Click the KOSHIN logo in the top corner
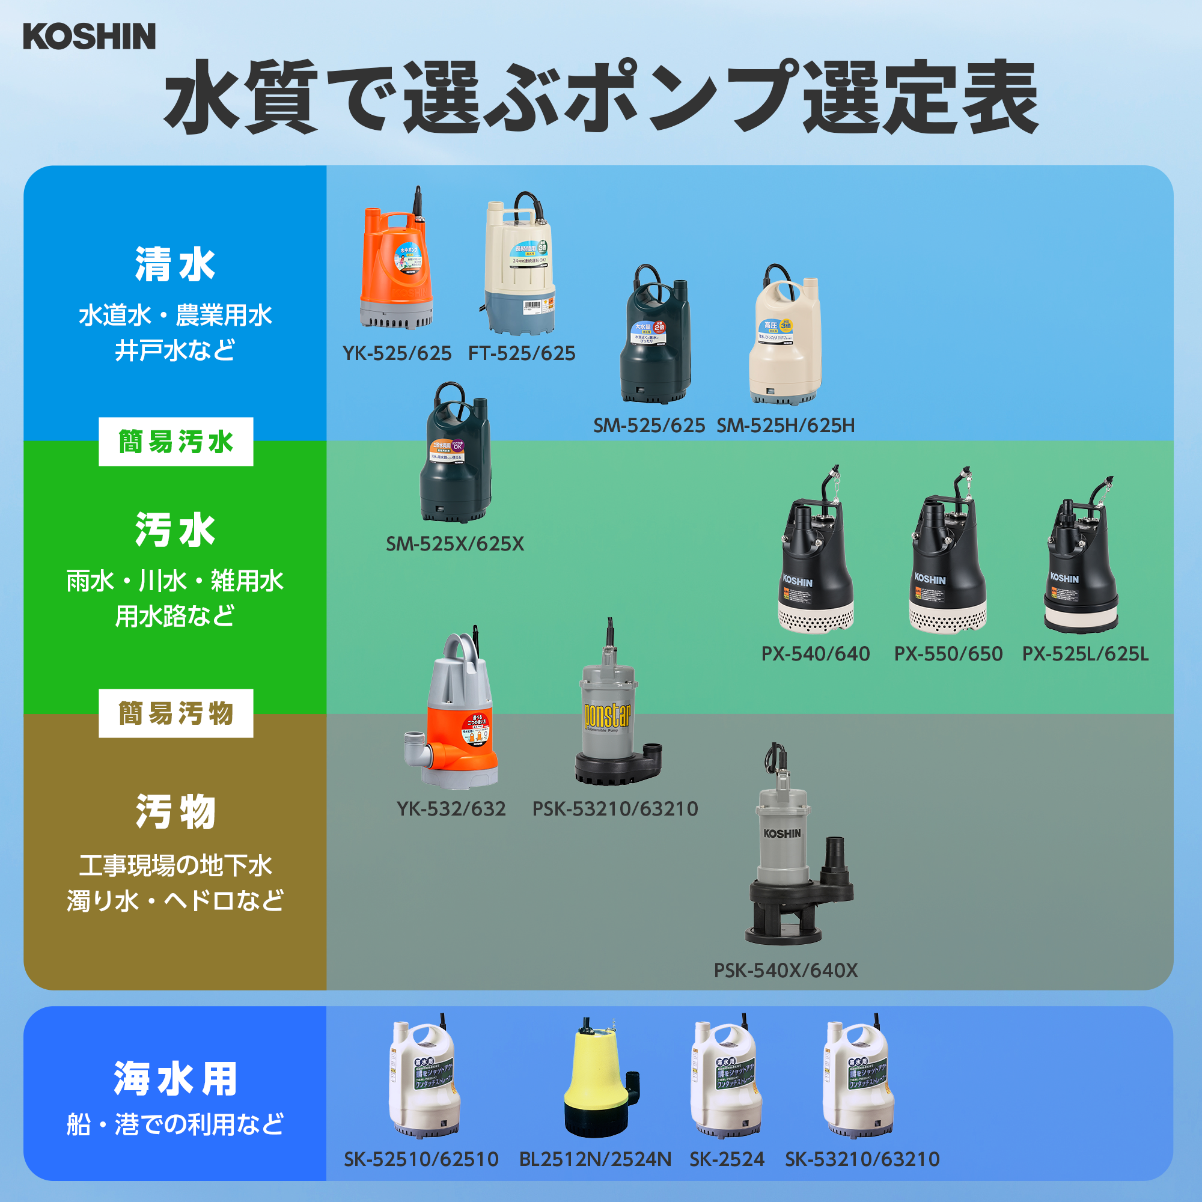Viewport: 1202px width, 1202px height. tap(89, 36)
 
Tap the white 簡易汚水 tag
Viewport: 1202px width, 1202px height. tap(175, 442)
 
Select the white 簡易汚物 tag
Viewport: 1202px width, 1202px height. tap(175, 713)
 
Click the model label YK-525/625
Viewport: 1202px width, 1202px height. tap(397, 353)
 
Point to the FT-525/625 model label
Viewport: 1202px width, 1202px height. tap(521, 353)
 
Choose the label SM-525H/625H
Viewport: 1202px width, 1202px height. tap(785, 426)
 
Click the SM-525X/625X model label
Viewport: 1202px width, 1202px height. tap(455, 544)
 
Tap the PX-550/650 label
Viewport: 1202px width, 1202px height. tap(948, 654)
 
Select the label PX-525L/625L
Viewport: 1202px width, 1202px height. tap(1085, 654)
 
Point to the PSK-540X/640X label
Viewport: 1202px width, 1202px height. tap(785, 971)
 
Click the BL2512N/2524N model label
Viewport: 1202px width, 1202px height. tap(595, 1160)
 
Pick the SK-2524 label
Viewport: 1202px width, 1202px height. tap(727, 1160)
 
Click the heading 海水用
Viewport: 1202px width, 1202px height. tap(175, 1079)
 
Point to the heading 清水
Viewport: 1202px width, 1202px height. tap(175, 264)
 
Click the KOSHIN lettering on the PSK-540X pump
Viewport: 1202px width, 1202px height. tap(782, 834)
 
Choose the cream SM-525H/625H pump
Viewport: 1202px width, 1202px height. tap(785, 339)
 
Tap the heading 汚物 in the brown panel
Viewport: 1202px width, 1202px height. tap(175, 812)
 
